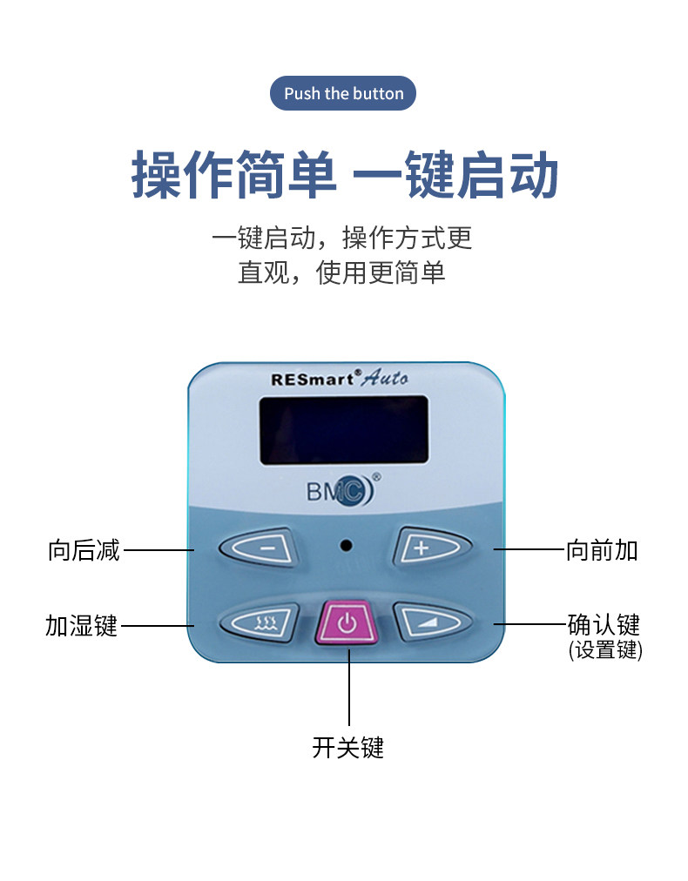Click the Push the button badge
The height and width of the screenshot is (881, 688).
point(343,93)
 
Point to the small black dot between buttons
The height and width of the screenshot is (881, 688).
point(346,546)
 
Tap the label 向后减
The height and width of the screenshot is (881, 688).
point(84,550)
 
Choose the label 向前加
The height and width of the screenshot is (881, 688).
point(602,550)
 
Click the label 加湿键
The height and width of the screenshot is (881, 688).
point(81,625)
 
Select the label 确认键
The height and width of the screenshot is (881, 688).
point(604,624)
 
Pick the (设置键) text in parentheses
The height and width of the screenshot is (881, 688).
point(604,649)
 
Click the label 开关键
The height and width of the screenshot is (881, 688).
point(347,747)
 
